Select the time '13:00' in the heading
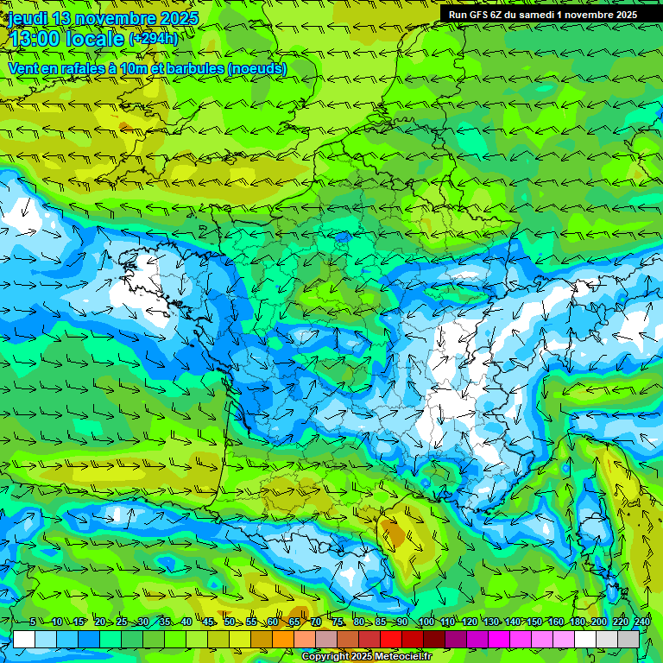38,38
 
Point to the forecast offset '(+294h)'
154,39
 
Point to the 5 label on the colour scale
33,622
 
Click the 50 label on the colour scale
229,622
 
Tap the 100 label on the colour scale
425,622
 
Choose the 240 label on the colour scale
641,622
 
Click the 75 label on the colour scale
338,622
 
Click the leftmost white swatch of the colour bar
24,640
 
